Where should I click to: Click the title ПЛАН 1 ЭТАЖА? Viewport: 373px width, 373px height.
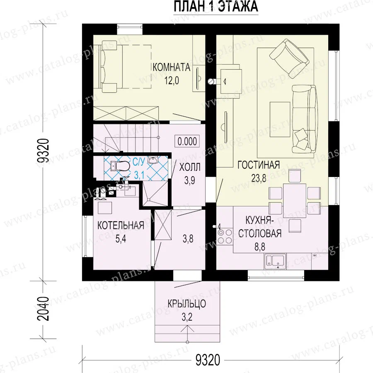pyautogui.click(x=216, y=6)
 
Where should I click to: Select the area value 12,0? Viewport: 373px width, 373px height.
pyautogui.click(x=172, y=81)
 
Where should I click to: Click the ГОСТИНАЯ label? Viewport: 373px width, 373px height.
pyautogui.click(x=259, y=165)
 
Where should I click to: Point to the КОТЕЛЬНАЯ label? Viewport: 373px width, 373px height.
pyautogui.click(x=121, y=225)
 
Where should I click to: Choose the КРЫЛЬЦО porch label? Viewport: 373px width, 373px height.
pyautogui.click(x=187, y=304)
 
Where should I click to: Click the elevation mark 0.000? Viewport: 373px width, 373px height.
pyautogui.click(x=187, y=141)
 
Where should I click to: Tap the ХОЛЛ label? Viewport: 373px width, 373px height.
pyautogui.click(x=189, y=167)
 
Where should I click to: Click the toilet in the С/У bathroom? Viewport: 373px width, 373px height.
pyautogui.click(x=120, y=165)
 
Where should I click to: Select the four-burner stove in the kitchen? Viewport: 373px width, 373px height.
pyautogui.click(x=225, y=236)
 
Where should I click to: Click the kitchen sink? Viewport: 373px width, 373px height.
pyautogui.click(x=275, y=261)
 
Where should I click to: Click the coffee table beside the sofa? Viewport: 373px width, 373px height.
pyautogui.click(x=280, y=119)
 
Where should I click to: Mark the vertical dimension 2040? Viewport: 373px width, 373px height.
pyautogui.click(x=44, y=308)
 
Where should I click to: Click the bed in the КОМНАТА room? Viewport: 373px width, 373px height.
pyautogui.click(x=126, y=66)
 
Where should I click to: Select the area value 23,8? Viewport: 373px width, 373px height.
pyautogui.click(x=259, y=178)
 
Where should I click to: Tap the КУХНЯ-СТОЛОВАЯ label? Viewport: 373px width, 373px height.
pyautogui.click(x=260, y=227)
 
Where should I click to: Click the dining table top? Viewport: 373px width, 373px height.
pyautogui.click(x=295, y=200)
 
